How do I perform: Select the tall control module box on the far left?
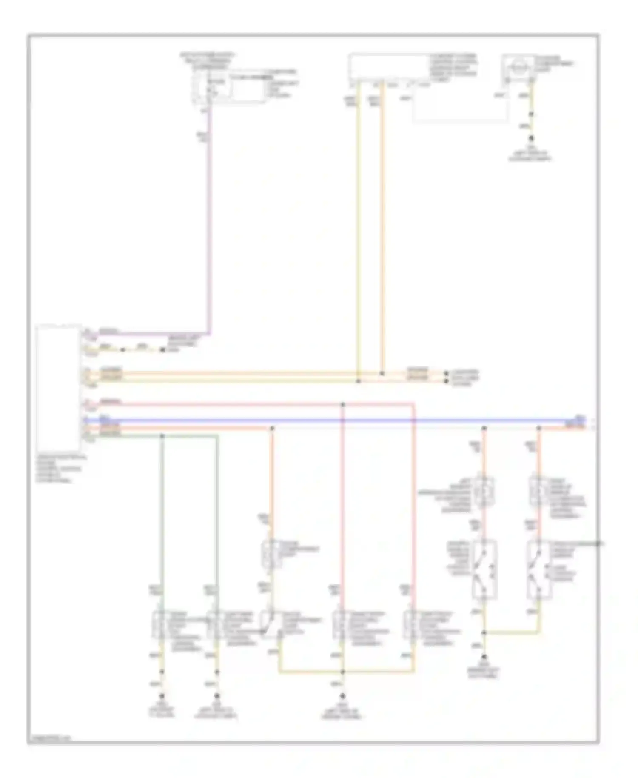click(58, 388)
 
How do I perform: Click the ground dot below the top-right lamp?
click(531, 138)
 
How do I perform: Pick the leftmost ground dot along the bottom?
click(162, 696)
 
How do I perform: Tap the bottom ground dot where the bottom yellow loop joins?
click(343, 696)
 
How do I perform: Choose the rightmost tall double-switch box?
click(538, 569)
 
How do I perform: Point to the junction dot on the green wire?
click(162, 436)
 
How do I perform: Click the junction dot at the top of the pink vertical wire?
click(343, 404)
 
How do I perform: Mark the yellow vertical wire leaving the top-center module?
click(358, 230)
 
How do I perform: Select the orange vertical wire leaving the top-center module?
click(382, 230)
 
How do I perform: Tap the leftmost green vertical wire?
click(162, 511)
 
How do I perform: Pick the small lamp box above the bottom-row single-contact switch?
click(271, 554)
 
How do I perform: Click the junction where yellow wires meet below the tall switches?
click(484, 632)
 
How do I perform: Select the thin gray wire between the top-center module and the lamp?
click(459, 123)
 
